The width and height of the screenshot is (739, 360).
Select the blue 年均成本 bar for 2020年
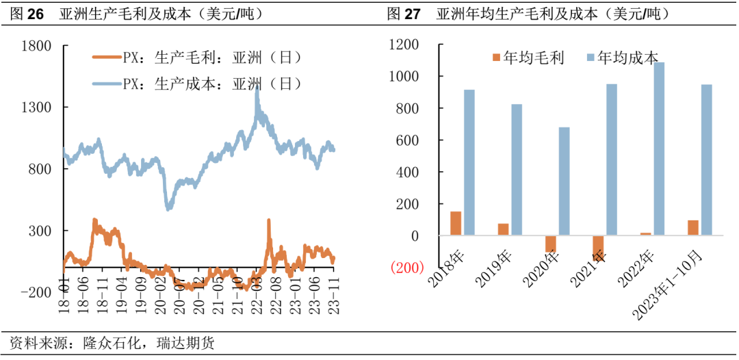coord(564,181)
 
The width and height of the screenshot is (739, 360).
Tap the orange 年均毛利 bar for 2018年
coord(456,224)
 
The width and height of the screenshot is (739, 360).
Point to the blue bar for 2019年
coord(517,170)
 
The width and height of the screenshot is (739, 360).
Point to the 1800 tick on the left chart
coord(37,46)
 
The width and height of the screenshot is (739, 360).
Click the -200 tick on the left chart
coord(34,292)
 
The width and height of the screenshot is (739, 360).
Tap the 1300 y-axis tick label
coord(37,107)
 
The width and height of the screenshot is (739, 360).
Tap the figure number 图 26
coord(27,13)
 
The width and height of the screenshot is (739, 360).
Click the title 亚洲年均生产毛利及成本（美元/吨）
coord(553,13)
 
